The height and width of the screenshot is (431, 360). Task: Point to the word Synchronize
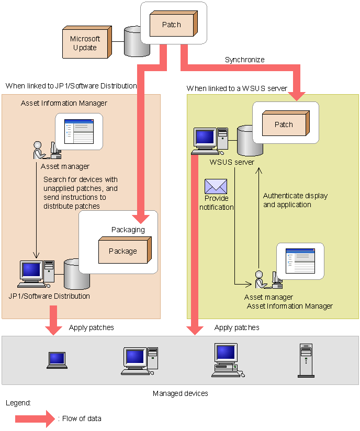[x=244, y=60]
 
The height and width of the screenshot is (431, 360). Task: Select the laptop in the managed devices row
[x=57, y=360]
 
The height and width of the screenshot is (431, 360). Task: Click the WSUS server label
[x=232, y=162]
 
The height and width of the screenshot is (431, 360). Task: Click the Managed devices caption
[x=180, y=393]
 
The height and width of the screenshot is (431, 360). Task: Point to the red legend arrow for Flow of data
[x=35, y=418]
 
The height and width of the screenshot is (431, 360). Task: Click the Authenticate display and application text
[x=295, y=200]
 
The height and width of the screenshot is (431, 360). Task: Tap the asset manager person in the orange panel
[x=38, y=150]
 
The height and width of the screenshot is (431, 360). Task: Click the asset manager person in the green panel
[x=259, y=279]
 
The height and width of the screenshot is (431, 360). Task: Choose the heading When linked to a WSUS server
[x=237, y=88]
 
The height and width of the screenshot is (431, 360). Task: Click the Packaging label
[x=128, y=230]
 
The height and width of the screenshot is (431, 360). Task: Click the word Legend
[x=18, y=403]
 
